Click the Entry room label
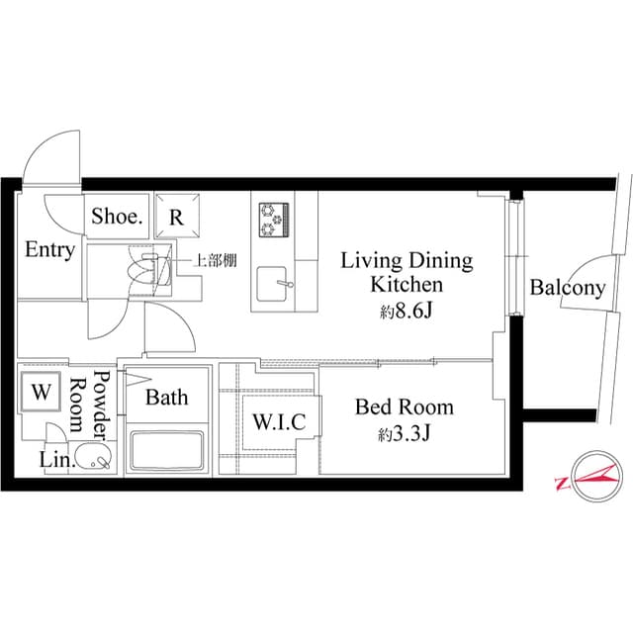(49, 250)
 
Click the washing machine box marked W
(41, 391)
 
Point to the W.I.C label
(279, 422)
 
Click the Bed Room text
(405, 407)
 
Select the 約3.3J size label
(406, 433)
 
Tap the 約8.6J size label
(406, 312)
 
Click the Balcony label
(567, 288)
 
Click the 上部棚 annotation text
(213, 262)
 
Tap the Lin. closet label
(52, 460)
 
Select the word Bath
(166, 398)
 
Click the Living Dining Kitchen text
(406, 273)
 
